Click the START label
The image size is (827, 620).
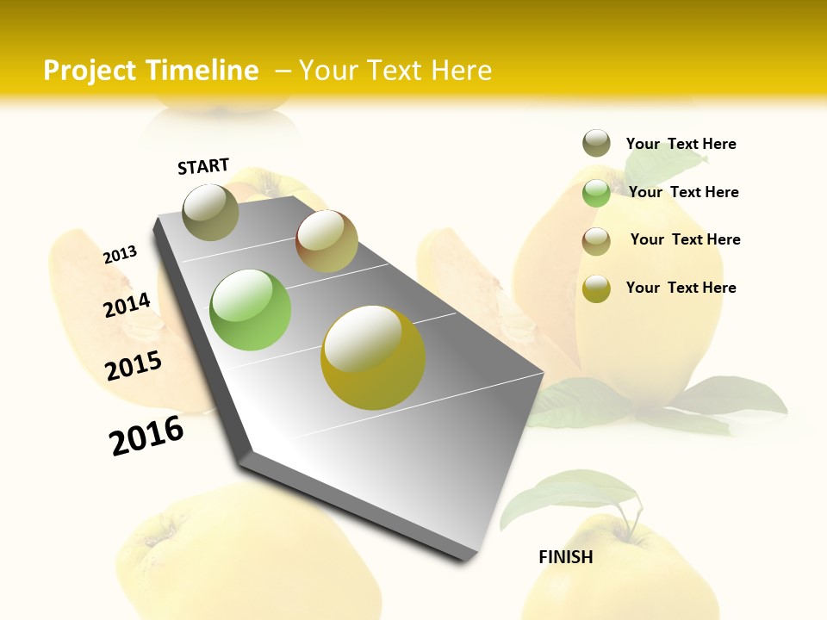pos(203,166)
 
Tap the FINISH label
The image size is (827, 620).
pos(565,557)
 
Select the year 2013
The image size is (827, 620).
pos(120,255)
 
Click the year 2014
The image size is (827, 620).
pos(127,306)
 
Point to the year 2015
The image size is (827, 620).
pos(134,366)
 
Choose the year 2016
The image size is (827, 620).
pos(146,436)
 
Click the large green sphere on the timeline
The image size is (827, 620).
pos(251,310)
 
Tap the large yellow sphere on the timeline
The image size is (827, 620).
pos(373,357)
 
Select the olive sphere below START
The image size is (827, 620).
pos(211,212)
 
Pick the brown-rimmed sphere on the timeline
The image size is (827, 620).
pos(326,241)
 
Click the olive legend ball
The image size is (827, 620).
pos(596,143)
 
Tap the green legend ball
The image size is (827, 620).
pos(596,193)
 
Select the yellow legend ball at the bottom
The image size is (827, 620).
pos(596,288)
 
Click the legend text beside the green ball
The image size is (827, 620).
pos(683,192)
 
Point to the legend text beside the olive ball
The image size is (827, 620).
pos(681,144)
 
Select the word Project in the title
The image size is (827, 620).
pos(90,71)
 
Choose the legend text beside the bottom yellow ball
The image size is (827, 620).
pos(681,288)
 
